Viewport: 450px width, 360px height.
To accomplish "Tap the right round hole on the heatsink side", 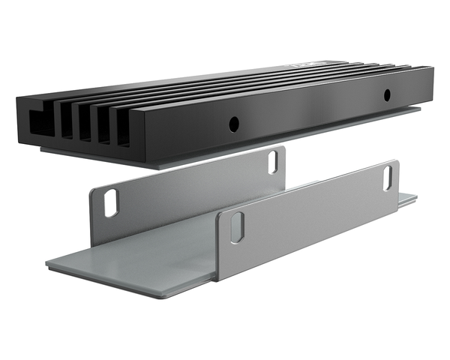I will [x=387, y=95].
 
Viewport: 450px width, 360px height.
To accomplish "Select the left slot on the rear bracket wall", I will [x=111, y=202].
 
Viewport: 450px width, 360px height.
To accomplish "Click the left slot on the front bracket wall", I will [x=236, y=226].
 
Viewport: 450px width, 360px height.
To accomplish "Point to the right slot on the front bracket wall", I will [x=388, y=176].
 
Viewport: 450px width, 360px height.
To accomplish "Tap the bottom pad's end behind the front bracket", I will [x=407, y=199].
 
